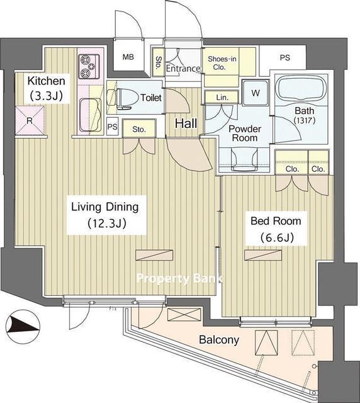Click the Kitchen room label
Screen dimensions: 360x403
pyautogui.click(x=46, y=88)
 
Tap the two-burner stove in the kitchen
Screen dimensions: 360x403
pyautogui.click(x=89, y=66)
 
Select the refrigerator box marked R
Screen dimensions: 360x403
pyautogui.click(x=30, y=120)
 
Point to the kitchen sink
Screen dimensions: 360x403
pyautogui.click(x=89, y=115)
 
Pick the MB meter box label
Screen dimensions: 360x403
pyautogui.click(x=128, y=57)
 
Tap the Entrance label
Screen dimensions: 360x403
pyautogui.click(x=183, y=69)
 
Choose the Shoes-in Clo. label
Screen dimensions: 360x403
pyautogui.click(x=222, y=63)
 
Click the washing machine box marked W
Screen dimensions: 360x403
pyautogui.click(x=256, y=93)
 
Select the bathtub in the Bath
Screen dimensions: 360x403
pyautogui.click(x=301, y=88)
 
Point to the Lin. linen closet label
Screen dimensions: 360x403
pyautogui.click(x=222, y=98)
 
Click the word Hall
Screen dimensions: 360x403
pyautogui.click(x=186, y=123)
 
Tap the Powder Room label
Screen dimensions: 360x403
pyautogui.click(x=244, y=133)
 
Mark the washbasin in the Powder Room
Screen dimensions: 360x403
pyautogui.click(x=244, y=159)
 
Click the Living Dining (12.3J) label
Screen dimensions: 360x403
pyautogui.click(x=105, y=215)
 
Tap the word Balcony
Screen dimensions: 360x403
pyautogui.click(x=219, y=340)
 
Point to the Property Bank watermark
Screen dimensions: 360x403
pyautogui.click(x=179, y=278)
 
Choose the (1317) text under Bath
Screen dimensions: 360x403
pyautogui.click(x=305, y=120)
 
